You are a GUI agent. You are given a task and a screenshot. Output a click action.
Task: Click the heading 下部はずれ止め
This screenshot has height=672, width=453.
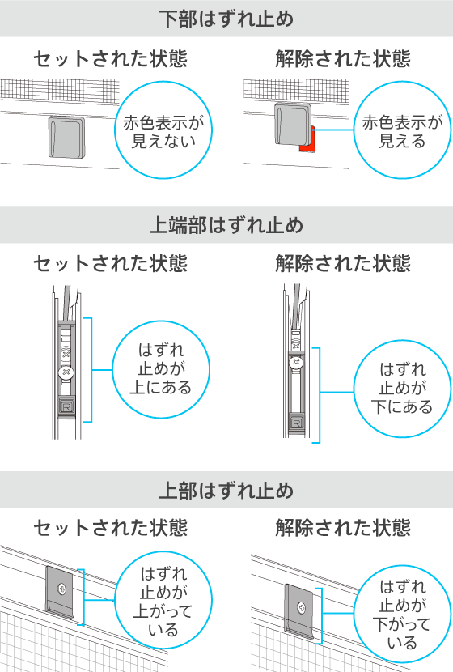tap(226, 19)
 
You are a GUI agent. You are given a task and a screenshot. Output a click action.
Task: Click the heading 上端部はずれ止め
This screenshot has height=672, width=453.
tap(226, 225)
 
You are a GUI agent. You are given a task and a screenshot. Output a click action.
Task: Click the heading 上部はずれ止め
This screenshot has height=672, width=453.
tap(226, 491)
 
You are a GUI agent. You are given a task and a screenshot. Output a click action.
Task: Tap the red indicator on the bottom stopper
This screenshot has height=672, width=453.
tap(308, 141)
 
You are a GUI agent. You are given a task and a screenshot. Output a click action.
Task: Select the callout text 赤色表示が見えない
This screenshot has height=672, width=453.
tap(163, 132)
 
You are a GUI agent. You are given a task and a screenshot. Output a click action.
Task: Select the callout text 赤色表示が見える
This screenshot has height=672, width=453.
tap(402, 132)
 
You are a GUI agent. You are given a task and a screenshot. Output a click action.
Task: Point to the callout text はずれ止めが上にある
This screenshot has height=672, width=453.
tap(161, 368)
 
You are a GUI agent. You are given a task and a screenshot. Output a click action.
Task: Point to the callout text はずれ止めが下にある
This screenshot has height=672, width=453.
tap(402, 389)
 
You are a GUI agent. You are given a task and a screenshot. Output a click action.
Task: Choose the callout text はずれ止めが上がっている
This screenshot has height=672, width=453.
tap(163, 602)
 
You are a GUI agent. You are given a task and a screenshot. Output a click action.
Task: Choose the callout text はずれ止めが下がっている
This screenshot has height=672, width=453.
tap(402, 615)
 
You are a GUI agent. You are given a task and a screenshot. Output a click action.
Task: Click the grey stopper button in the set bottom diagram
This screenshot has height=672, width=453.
tap(66, 136)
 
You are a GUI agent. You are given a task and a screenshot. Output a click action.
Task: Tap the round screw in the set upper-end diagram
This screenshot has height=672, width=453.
tap(66, 372)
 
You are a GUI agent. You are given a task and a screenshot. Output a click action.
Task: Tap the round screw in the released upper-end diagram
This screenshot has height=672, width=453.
tap(296, 363)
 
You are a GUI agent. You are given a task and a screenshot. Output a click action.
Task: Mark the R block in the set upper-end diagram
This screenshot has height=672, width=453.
tap(66, 406)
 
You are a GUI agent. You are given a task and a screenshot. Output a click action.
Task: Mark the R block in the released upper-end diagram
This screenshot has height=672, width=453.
tap(296, 422)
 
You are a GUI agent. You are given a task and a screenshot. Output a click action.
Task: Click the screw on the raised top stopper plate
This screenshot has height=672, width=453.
tap(62, 589)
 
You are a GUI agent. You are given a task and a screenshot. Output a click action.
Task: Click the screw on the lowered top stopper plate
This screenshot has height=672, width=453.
tap(302, 608)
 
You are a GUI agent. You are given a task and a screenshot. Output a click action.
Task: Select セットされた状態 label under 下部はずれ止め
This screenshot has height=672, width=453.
tap(111, 59)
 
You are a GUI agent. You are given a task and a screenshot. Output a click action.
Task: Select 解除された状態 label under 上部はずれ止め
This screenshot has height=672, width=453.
tap(343, 528)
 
